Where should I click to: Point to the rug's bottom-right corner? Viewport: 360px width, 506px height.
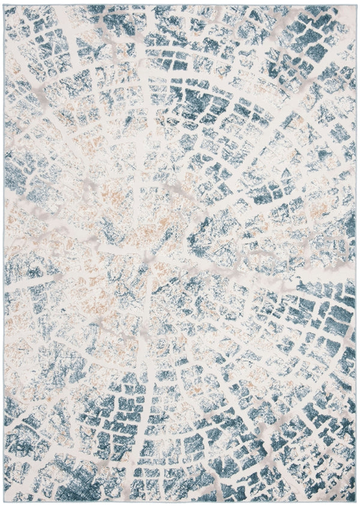coord(356,502)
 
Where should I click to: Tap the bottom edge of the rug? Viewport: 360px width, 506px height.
coord(180,502)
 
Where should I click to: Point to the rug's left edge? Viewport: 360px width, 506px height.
coord(4,252)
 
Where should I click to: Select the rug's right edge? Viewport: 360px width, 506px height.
coord(356,252)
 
